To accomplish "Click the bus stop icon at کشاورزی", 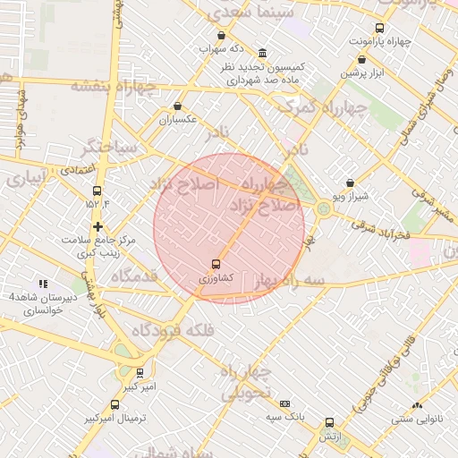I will point(215,264).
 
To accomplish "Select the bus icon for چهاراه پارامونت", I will point(379,28).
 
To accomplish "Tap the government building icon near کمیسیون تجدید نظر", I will point(261,53).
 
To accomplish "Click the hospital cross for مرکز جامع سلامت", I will point(98,226).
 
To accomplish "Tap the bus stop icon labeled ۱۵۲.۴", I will point(98,191).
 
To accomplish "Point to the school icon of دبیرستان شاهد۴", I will point(41,283).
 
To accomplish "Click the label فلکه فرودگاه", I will point(174,331).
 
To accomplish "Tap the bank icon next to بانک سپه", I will point(284,403).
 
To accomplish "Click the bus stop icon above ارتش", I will point(329,422).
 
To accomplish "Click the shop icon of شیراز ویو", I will point(349,182).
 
